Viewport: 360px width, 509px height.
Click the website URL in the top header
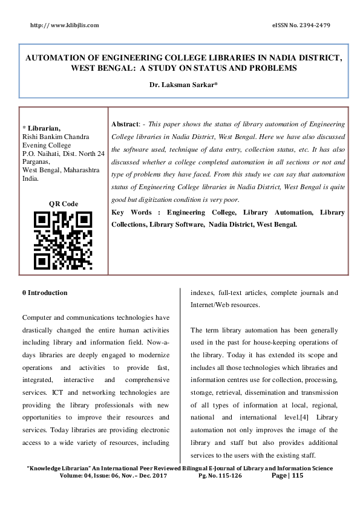(x=64, y=25)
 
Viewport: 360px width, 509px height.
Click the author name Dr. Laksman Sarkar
(x=183, y=85)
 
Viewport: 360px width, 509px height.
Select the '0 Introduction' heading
(x=45, y=293)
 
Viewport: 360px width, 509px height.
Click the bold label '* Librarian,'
(x=41, y=128)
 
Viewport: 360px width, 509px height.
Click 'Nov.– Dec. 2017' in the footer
(x=148, y=476)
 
